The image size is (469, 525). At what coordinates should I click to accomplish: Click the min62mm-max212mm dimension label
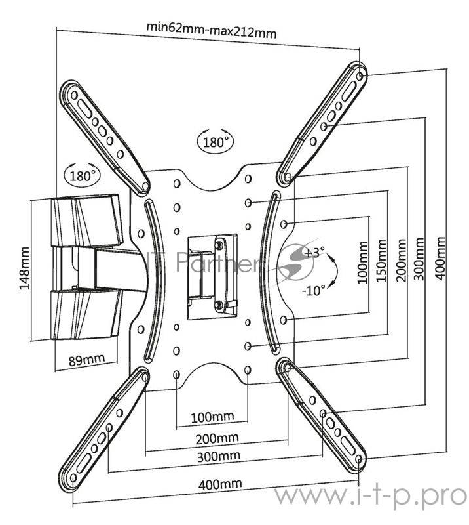click(212, 31)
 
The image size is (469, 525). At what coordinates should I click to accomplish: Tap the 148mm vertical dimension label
click(24, 268)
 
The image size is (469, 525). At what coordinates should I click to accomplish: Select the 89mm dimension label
click(86, 360)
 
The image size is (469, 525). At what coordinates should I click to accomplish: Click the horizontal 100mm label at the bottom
click(212, 417)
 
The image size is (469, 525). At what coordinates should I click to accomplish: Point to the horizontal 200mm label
click(217, 438)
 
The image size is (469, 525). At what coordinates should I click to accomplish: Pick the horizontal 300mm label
click(219, 456)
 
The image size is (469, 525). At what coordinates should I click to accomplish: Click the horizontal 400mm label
click(220, 484)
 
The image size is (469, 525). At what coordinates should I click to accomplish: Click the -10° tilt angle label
click(313, 290)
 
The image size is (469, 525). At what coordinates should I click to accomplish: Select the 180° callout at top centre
click(216, 142)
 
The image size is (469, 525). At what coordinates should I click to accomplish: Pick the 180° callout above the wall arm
click(82, 175)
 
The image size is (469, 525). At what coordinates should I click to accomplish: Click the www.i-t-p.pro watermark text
click(370, 496)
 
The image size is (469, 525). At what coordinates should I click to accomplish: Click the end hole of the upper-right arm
click(360, 76)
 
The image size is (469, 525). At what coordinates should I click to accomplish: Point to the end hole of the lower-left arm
click(73, 478)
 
